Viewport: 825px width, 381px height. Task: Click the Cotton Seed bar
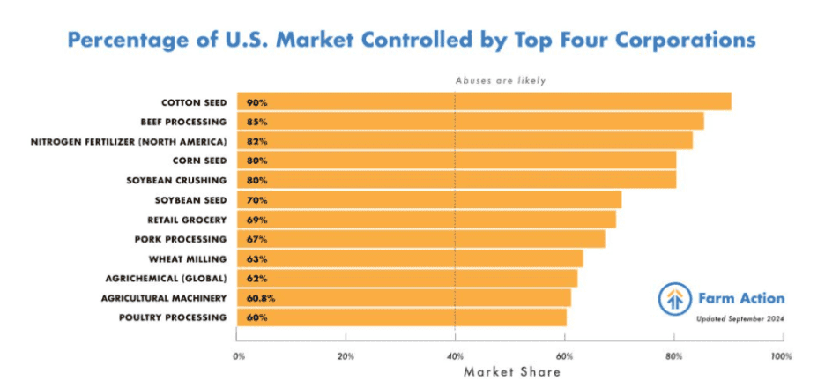(484, 102)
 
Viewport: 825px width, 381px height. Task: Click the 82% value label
(257, 141)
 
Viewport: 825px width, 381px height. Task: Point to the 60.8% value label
(263, 298)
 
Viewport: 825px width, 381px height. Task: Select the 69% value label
(257, 220)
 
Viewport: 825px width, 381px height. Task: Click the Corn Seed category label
(199, 161)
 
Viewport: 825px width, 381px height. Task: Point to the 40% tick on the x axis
(455, 357)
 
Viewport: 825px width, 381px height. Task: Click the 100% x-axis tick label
(781, 357)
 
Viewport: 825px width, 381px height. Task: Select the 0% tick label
(239, 357)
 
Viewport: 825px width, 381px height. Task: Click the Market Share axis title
(512, 372)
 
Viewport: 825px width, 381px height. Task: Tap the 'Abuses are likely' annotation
(500, 80)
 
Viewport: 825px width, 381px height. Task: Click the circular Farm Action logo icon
(674, 300)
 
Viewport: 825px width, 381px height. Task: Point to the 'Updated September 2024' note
(740, 318)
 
